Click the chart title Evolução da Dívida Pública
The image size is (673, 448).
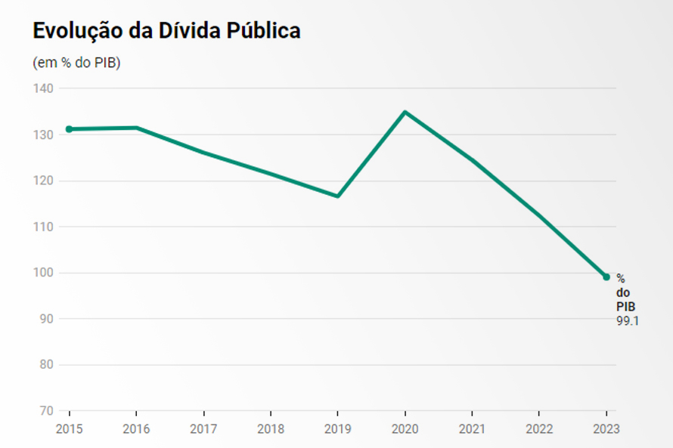click(166, 30)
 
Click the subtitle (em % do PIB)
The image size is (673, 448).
click(77, 63)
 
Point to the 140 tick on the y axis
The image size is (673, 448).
click(43, 88)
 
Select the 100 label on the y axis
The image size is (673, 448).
click(43, 273)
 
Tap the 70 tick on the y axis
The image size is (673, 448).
click(46, 411)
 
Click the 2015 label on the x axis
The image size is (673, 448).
click(69, 429)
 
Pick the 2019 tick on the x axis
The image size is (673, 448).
click(338, 429)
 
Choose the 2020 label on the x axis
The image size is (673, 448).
click(405, 429)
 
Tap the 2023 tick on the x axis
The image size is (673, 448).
click(606, 429)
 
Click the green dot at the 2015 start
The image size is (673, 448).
click(69, 129)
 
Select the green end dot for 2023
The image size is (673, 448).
click(606, 277)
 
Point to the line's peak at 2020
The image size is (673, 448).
click(405, 113)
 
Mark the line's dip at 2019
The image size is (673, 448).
click(338, 196)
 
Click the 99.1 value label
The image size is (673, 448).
click(628, 320)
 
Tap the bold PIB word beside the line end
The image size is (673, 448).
click(626, 306)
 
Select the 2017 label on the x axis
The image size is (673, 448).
click(203, 429)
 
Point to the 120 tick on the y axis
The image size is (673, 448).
click(43, 181)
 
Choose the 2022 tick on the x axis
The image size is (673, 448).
click(539, 429)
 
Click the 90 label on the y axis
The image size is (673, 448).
click(46, 319)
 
